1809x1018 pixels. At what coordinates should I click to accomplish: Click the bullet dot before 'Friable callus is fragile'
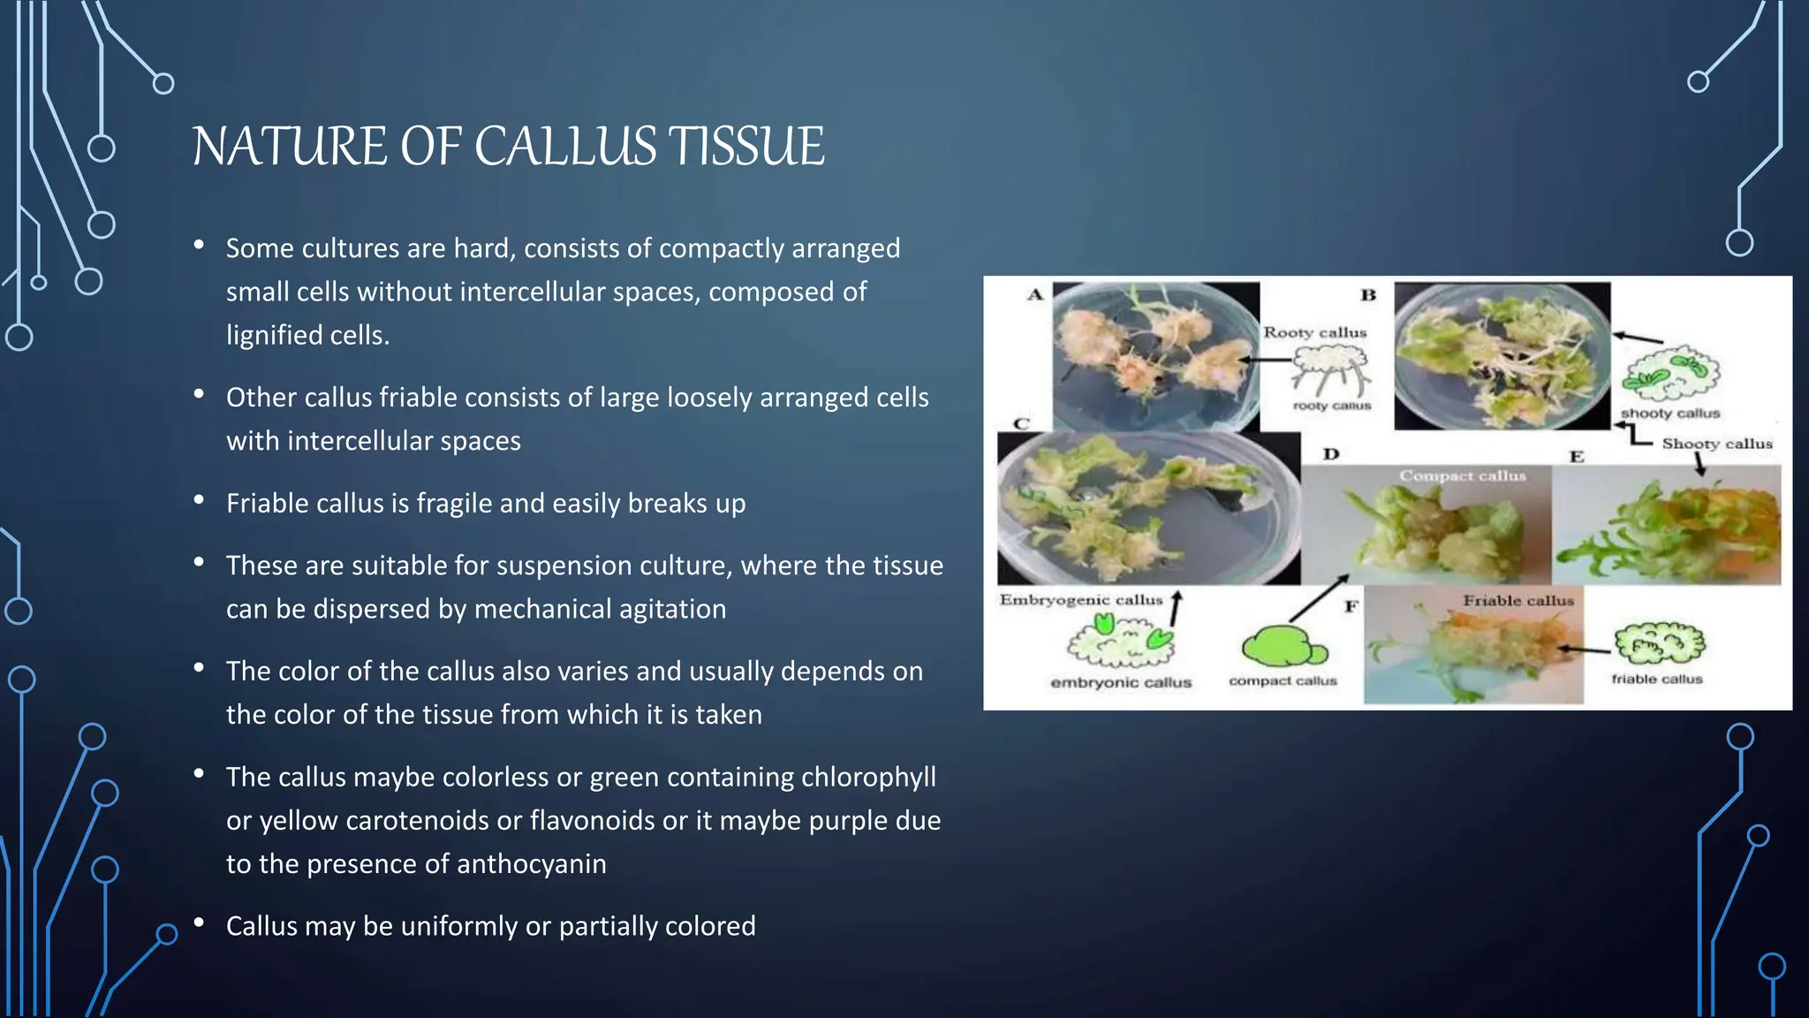tap(200, 501)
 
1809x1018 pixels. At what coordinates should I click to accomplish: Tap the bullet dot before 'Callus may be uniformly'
tap(200, 923)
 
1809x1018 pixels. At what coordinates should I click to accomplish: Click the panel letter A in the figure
tap(1035, 295)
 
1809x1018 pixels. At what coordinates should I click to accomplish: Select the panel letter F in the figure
tap(1351, 606)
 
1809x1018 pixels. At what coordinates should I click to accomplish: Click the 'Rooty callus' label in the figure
tap(1314, 333)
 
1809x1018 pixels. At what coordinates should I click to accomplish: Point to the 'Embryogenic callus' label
tap(1081, 600)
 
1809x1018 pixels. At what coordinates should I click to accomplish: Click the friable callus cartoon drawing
tap(1659, 643)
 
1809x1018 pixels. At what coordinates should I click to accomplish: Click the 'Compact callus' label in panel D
tap(1462, 475)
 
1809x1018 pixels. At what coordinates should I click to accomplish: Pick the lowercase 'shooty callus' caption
tap(1669, 413)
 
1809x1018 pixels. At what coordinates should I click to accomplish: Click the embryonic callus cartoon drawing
tap(1120, 642)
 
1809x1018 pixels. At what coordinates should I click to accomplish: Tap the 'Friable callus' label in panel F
tap(1518, 601)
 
